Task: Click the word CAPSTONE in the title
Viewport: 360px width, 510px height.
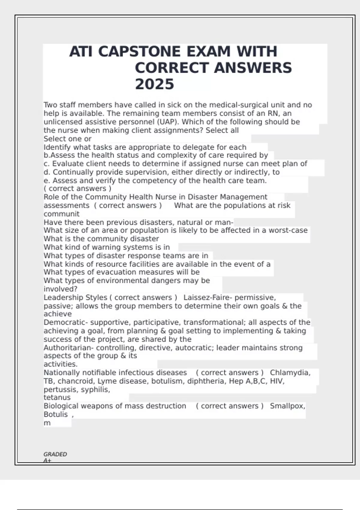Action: pyautogui.click(x=139, y=52)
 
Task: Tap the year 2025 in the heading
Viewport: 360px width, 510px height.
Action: pyautogui.click(x=154, y=84)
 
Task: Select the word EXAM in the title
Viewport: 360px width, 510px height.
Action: pyautogui.click(x=208, y=52)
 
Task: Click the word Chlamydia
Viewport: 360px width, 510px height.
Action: pyautogui.click(x=290, y=373)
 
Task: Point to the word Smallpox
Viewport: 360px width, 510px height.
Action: pyautogui.click(x=287, y=406)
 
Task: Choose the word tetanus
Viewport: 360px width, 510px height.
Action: pyautogui.click(x=57, y=397)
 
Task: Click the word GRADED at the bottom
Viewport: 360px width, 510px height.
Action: pyautogui.click(x=55, y=454)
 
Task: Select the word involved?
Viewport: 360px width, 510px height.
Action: pyautogui.click(x=60, y=289)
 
